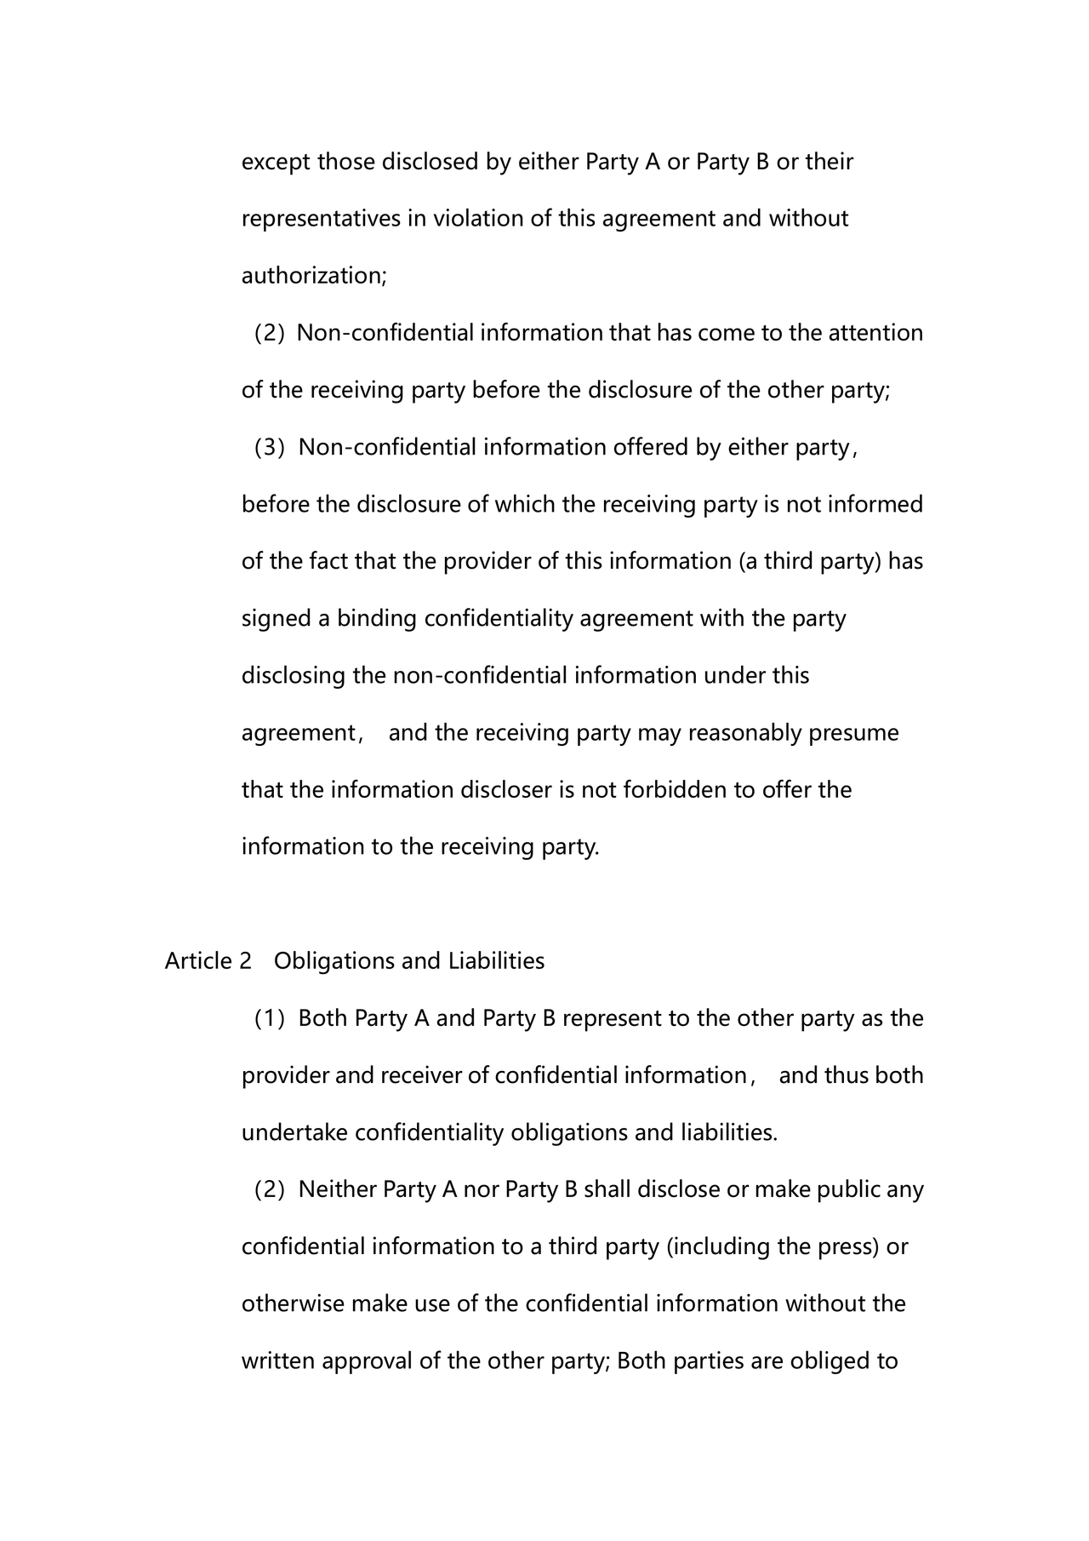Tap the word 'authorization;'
click(x=314, y=276)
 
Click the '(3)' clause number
click(x=270, y=447)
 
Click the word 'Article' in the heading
click(x=198, y=961)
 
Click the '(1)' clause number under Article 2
click(x=270, y=1018)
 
